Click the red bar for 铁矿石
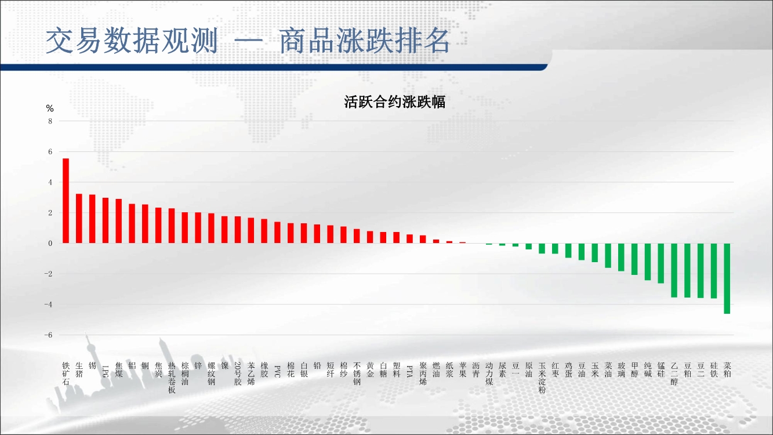tap(66, 201)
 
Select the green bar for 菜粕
tap(727, 278)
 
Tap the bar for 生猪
tap(79, 219)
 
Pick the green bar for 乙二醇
tap(674, 270)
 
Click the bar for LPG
tap(106, 220)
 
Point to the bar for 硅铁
tap(714, 271)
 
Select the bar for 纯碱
tap(648, 262)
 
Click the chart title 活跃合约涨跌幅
tap(394, 102)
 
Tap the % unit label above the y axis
tap(50, 108)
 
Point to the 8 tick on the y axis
tap(50, 121)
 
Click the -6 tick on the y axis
tap(48, 335)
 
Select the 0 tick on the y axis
tap(50, 244)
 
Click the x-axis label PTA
tap(409, 371)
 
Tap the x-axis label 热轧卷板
tap(172, 378)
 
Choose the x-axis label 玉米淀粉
tap(542, 378)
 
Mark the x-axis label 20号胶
tap(238, 374)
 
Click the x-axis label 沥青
tap(476, 369)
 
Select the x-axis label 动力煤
tap(489, 374)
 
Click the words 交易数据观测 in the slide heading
tap(132, 41)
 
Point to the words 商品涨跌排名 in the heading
tap(364, 41)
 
